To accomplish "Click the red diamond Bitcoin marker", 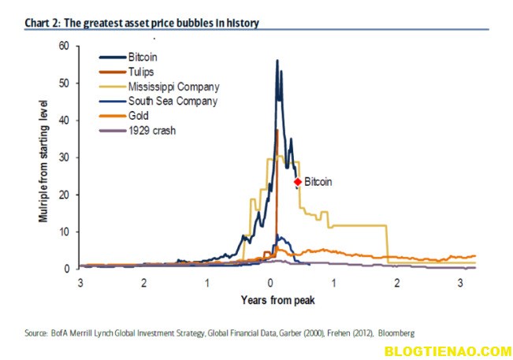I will tap(298, 181).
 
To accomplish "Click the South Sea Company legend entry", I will tap(173, 101).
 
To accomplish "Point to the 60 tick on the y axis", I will tap(65, 46).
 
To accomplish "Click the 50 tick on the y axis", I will tap(65, 83).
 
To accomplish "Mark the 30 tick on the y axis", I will tap(65, 158).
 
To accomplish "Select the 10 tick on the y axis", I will tap(65, 232).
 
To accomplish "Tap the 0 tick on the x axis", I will tap(270, 282).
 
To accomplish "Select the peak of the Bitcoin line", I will tap(277, 61).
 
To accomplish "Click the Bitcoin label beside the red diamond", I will tap(318, 181).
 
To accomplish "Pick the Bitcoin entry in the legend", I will tap(143, 58).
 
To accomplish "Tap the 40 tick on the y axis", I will tap(65, 120).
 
